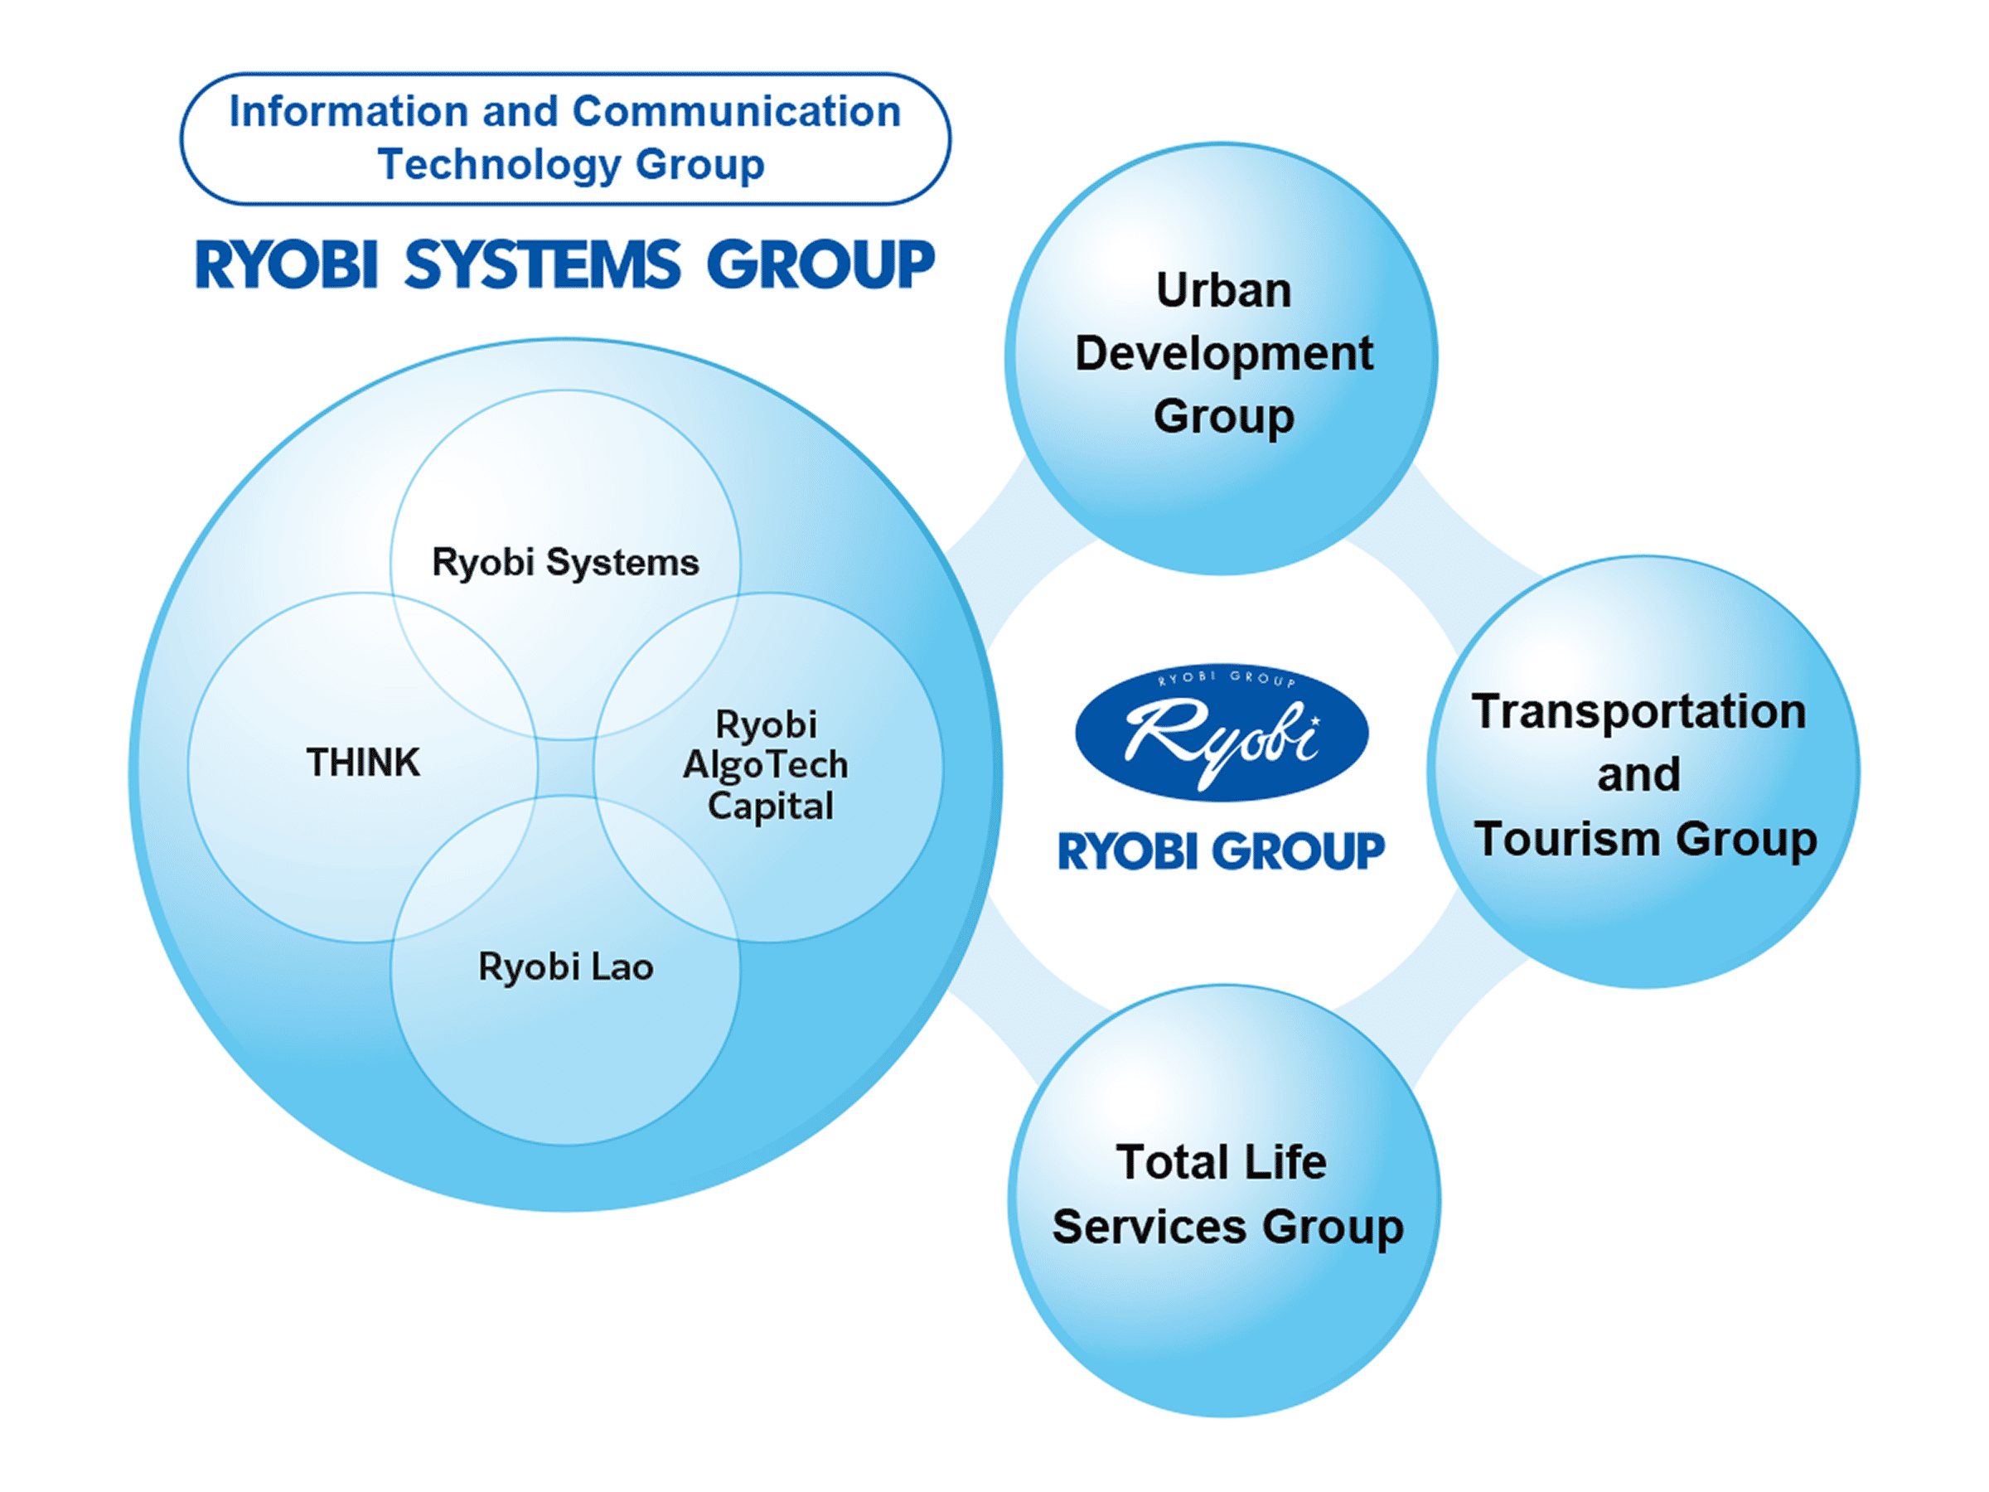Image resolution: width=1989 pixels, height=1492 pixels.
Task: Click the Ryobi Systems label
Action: point(564,563)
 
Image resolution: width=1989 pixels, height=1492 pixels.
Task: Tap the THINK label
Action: point(362,763)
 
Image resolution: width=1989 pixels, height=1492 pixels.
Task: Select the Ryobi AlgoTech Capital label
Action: point(767,765)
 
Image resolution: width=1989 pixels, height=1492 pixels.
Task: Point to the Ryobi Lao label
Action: point(565,967)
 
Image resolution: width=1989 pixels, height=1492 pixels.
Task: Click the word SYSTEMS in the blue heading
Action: point(542,265)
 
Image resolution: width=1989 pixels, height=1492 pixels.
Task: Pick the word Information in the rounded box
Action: point(349,112)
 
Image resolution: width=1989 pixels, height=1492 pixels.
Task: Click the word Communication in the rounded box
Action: point(737,112)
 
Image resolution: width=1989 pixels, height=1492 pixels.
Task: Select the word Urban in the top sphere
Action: point(1223,290)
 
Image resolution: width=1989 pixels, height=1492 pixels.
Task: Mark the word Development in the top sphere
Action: point(1223,353)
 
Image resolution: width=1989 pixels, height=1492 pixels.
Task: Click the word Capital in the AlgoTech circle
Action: point(771,807)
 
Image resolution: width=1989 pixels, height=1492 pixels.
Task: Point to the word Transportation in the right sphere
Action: point(1638,711)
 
